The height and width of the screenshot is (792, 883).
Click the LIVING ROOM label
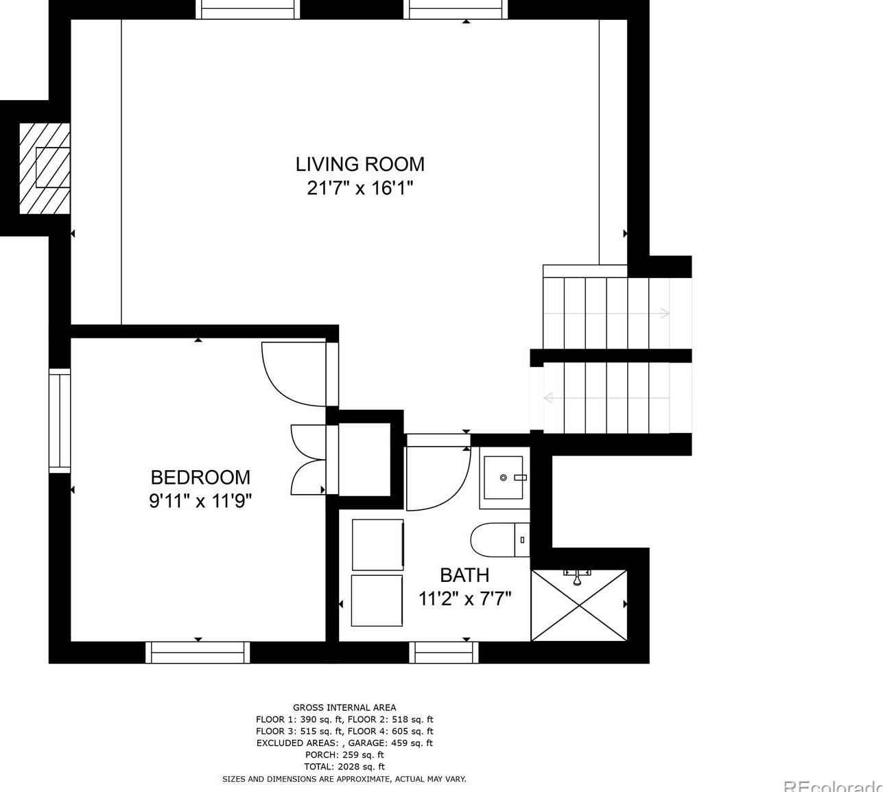(360, 165)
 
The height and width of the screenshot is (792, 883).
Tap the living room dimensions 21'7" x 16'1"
(360, 189)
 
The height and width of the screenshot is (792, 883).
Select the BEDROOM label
(200, 478)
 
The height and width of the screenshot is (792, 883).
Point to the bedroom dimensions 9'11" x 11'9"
(200, 501)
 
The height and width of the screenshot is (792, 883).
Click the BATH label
(464, 575)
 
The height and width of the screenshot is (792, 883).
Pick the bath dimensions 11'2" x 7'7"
(464, 598)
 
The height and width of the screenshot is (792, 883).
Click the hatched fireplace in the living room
(45, 168)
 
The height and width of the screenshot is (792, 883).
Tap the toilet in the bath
(500, 540)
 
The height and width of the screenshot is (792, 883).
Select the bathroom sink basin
(504, 478)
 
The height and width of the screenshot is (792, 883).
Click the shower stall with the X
(579, 605)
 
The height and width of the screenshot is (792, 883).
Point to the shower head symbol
(577, 576)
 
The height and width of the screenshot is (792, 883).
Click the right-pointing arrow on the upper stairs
(607, 313)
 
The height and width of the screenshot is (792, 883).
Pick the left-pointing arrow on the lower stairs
(607, 398)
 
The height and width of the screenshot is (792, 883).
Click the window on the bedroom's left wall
(60, 421)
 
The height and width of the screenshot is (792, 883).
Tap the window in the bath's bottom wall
(444, 653)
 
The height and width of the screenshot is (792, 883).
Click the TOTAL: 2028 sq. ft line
(344, 767)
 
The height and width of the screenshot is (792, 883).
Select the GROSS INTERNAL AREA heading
(344, 708)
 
